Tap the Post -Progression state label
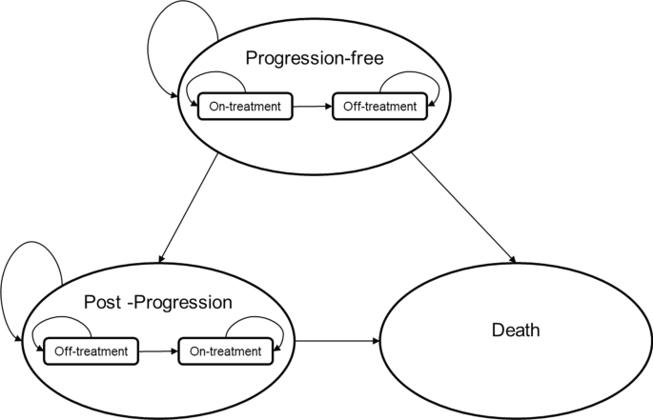click(158, 303)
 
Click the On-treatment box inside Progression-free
click(246, 107)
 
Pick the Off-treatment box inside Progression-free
click(379, 107)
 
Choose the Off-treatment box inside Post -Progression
click(92, 350)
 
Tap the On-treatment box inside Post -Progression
click(225, 350)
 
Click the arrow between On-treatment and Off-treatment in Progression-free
click(312, 107)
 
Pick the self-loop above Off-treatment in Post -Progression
click(63, 323)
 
